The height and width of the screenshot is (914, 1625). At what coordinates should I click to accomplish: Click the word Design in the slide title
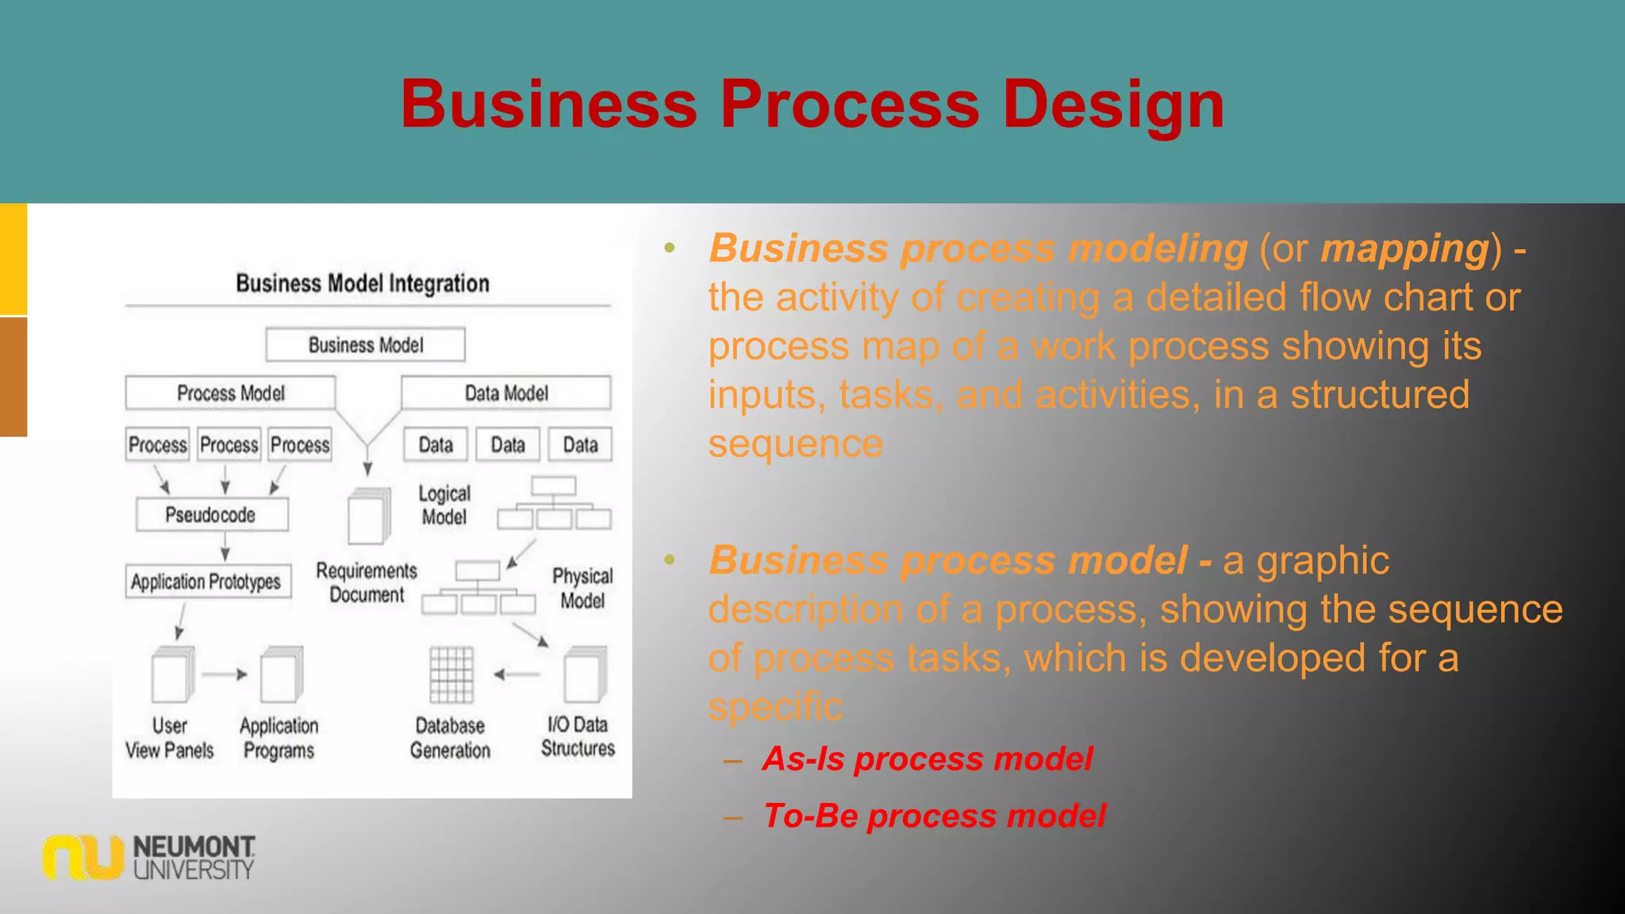[1113, 104]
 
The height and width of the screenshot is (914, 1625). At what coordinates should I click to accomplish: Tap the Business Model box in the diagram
[365, 345]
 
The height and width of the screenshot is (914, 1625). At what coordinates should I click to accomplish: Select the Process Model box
[230, 394]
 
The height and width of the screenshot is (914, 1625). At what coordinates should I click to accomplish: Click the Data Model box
[506, 394]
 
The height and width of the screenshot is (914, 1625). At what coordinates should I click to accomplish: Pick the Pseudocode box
[211, 515]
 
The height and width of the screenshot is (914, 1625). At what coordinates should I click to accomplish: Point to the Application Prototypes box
[207, 582]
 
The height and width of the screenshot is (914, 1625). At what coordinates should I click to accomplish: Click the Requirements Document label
[367, 582]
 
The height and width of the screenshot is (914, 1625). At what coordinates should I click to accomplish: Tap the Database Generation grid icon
[451, 674]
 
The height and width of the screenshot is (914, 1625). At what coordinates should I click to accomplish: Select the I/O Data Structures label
[578, 736]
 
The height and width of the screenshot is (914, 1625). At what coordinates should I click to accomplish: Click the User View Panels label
[169, 738]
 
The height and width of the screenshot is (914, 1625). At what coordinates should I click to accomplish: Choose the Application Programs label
[279, 738]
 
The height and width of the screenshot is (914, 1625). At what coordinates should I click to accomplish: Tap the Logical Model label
[444, 505]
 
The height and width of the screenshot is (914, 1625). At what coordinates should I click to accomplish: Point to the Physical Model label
[582, 588]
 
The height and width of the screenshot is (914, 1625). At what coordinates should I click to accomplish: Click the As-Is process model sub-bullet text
[927, 759]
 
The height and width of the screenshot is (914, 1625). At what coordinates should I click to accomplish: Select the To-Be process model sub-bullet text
[933, 816]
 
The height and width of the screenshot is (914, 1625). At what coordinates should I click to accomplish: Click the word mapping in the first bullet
[1404, 248]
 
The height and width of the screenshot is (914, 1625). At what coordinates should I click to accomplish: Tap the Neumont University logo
[149, 857]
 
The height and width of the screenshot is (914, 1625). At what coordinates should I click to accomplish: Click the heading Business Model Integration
[363, 283]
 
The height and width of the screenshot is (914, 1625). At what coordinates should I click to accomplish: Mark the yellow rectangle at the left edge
[13, 259]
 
